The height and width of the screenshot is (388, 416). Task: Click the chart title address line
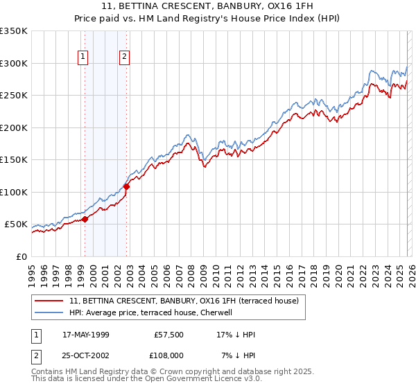pos(208,6)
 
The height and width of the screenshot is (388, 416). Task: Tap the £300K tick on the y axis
pos(14,63)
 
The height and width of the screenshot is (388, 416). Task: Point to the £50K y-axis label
pos(16,224)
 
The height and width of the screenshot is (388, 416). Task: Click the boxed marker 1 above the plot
pos(83,57)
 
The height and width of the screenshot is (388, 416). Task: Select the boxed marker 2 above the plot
pos(125,57)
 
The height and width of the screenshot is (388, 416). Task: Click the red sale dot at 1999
pos(85,220)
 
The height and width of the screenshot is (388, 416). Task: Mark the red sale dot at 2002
pos(127,186)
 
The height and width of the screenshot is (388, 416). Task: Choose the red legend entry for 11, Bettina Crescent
pos(184,301)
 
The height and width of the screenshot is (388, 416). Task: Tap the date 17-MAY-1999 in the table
pos(89,335)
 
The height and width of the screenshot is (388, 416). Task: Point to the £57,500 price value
pos(166,335)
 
